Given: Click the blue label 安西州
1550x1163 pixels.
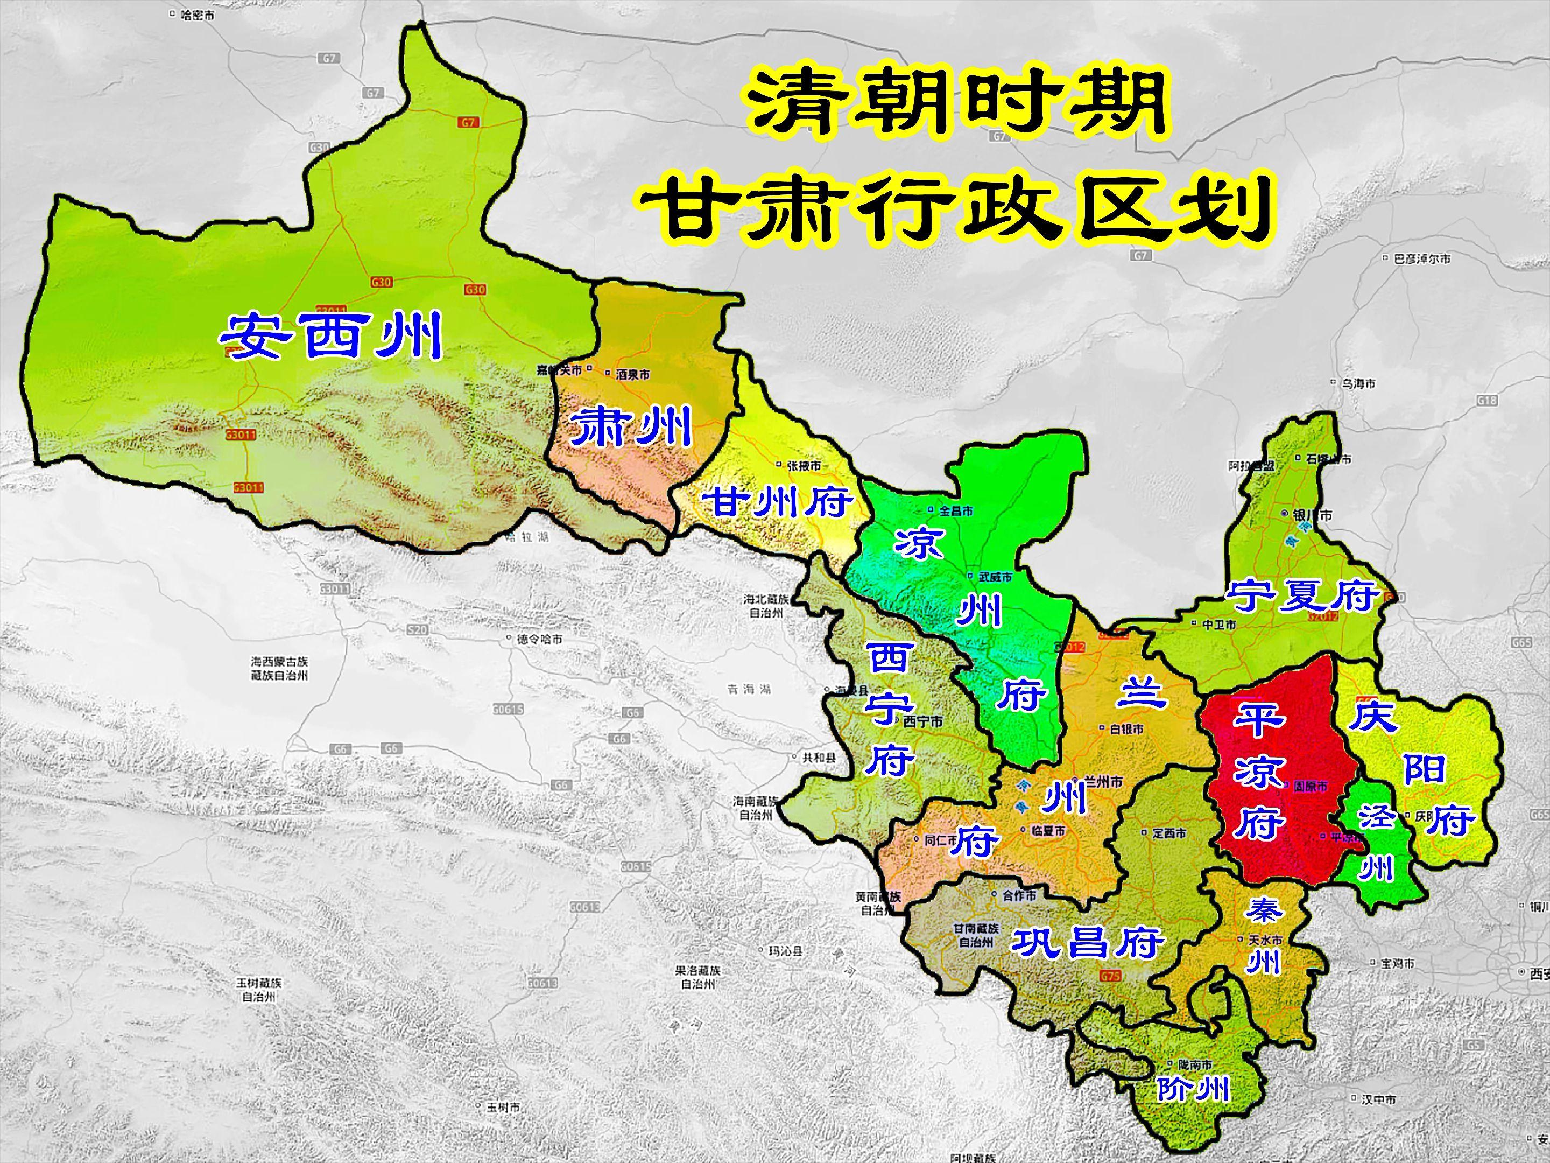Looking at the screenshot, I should click(x=331, y=336).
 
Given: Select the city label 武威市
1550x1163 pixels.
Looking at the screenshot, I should click(x=995, y=577).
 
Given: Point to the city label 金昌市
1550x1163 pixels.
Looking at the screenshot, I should click(x=955, y=512).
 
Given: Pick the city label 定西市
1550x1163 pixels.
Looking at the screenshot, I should click(x=1168, y=833).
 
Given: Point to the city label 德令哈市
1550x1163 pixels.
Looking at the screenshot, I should click(x=539, y=639).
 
